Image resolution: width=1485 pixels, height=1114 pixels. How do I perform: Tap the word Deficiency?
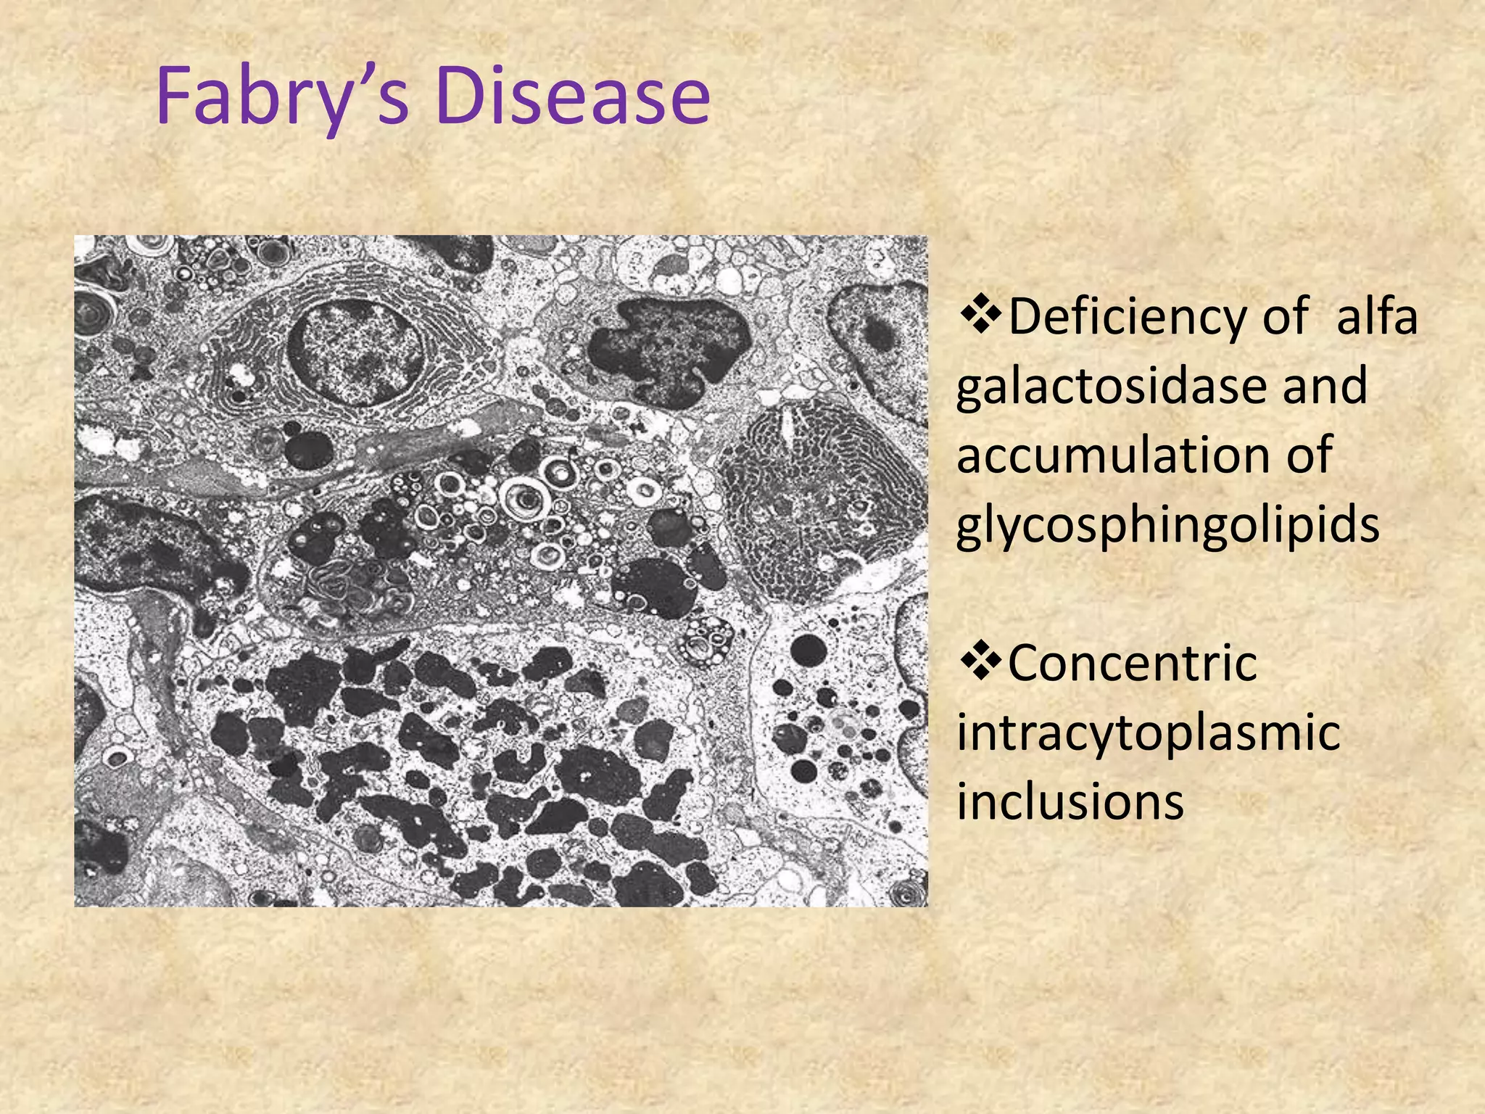pyautogui.click(x=1157, y=317)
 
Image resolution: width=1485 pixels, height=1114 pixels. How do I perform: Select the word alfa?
pyautogui.click(x=1376, y=317)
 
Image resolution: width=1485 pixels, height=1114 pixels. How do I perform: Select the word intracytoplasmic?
pyautogui.click(x=1148, y=733)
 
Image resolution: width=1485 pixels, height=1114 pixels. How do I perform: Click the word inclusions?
pyautogui.click(x=1070, y=802)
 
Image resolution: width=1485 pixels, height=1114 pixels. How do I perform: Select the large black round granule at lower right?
pyautogui.click(x=808, y=650)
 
